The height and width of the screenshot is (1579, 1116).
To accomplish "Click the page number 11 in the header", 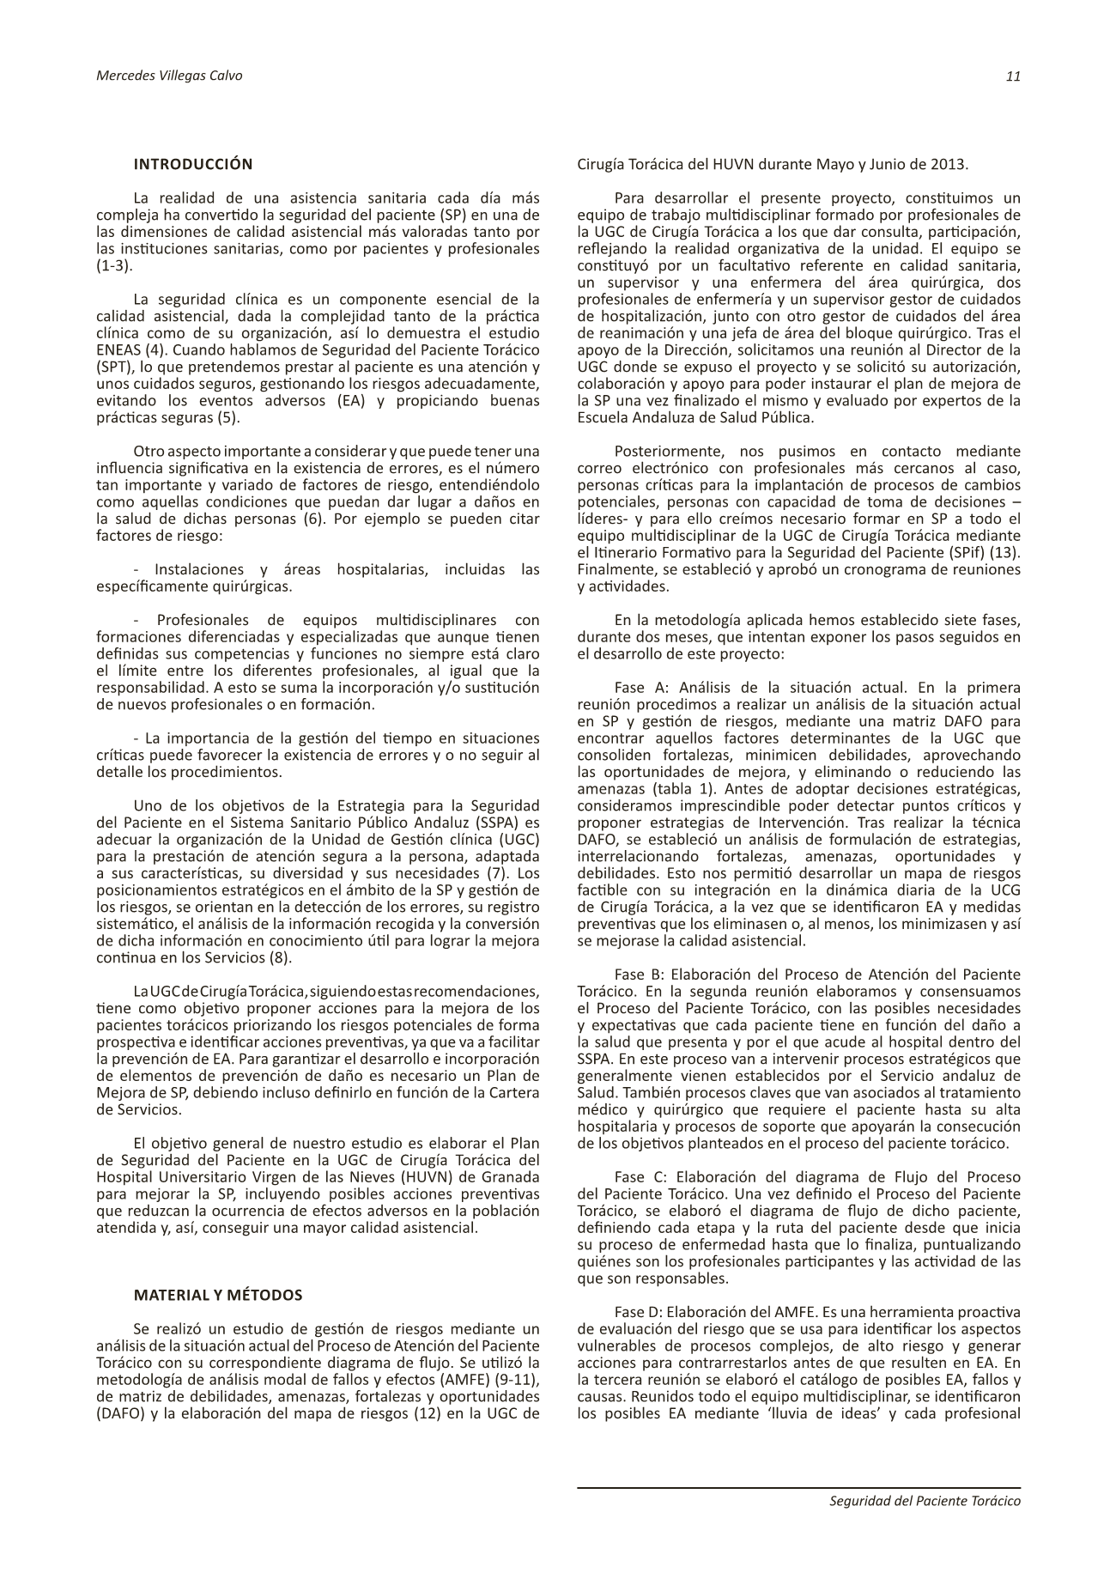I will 1013,76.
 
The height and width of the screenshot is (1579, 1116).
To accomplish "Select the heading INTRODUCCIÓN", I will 193,164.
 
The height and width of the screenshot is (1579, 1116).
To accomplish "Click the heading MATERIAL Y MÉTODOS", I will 218,1295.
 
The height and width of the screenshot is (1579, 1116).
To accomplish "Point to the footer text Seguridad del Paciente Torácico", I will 925,1501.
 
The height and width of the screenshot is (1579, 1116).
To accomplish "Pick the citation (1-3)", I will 114,266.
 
